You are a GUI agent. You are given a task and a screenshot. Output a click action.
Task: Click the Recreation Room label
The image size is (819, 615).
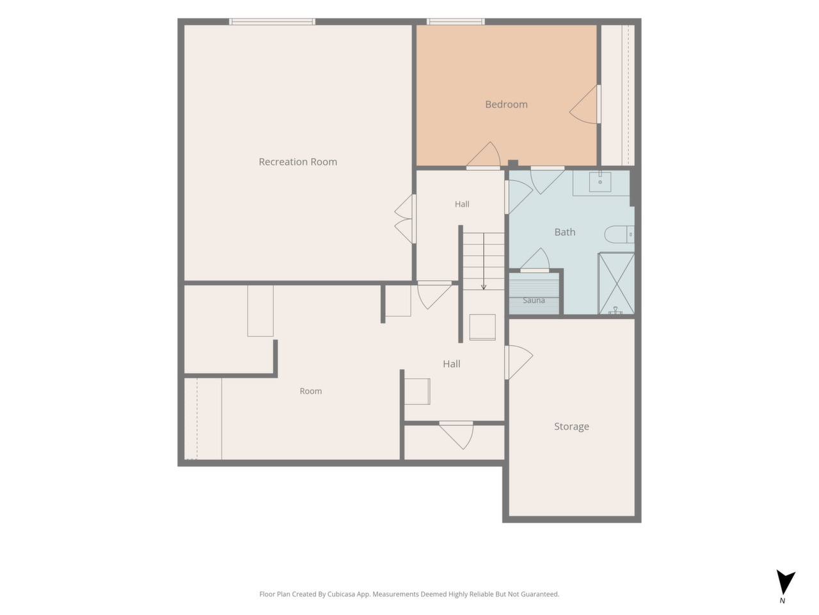(298, 161)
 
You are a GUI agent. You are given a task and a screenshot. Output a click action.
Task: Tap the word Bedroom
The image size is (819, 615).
(506, 104)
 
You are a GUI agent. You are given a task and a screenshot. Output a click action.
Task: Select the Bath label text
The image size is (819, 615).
(565, 232)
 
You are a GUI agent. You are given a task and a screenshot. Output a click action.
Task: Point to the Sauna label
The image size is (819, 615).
(534, 300)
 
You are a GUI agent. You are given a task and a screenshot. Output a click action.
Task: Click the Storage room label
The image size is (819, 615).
(571, 427)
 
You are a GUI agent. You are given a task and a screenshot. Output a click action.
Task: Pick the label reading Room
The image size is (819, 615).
(311, 391)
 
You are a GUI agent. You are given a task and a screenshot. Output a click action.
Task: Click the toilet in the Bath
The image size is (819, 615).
(619, 234)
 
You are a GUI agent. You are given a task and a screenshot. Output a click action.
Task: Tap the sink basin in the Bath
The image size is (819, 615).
(600, 182)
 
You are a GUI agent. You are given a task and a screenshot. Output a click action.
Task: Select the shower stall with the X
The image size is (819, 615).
(616, 283)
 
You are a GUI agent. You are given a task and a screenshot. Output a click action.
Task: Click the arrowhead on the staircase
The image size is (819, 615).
(484, 287)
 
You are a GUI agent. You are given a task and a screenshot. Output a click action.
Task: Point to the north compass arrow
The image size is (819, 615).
(786, 582)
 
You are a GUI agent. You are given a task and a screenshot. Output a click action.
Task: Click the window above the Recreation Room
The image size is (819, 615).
(272, 22)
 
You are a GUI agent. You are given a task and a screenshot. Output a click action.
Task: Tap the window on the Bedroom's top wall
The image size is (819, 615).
(456, 22)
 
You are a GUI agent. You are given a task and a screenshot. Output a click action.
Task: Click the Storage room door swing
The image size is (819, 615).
(519, 362)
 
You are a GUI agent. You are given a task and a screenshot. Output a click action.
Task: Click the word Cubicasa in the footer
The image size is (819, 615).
(342, 594)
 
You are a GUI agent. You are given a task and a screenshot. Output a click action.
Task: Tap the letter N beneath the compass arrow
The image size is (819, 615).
(782, 600)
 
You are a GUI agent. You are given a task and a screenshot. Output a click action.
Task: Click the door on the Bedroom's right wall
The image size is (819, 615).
(585, 104)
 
